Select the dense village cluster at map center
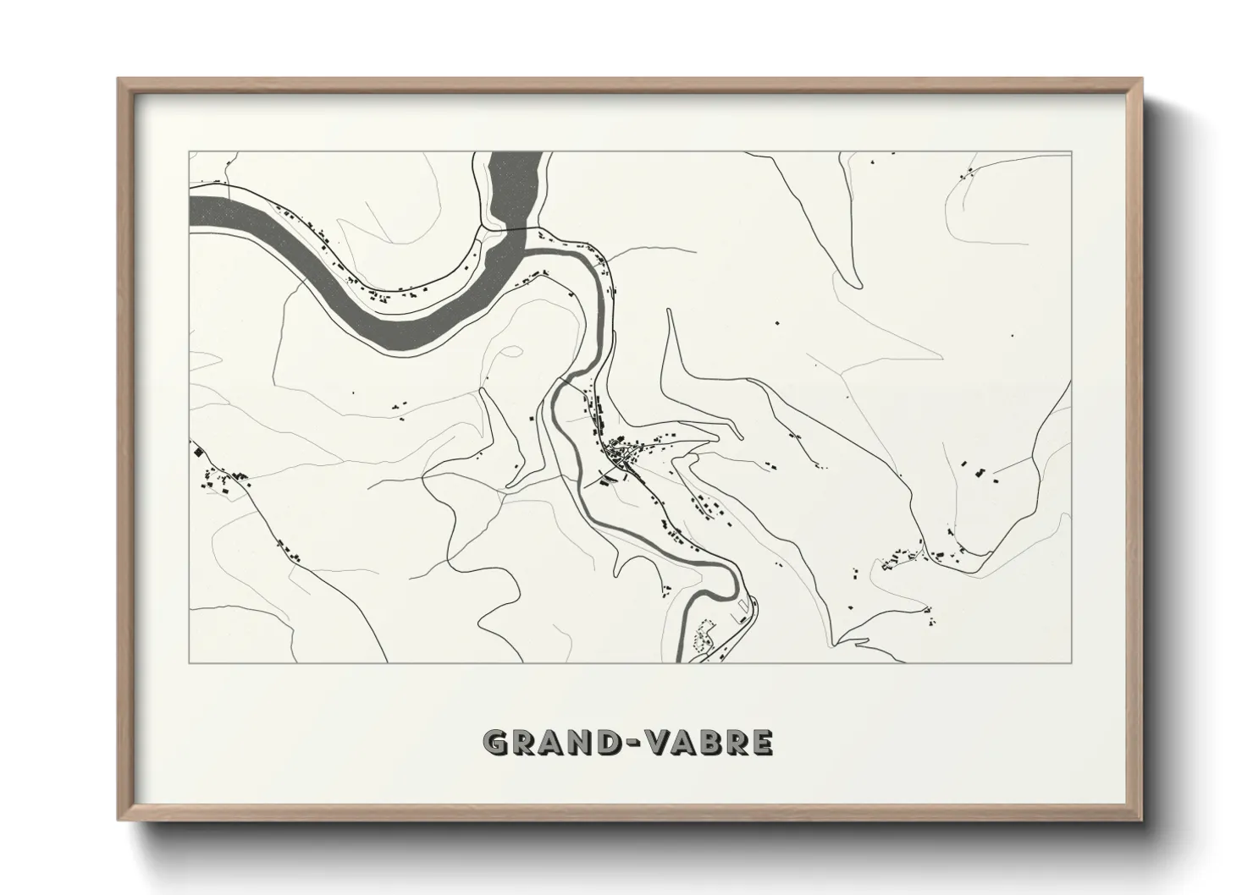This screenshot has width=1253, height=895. pyautogui.click(x=622, y=457)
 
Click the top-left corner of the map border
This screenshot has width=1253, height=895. pyautogui.click(x=189, y=152)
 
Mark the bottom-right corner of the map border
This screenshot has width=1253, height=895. pyautogui.click(x=1072, y=662)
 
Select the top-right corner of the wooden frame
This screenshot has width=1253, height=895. pyautogui.click(x=1141, y=79)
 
